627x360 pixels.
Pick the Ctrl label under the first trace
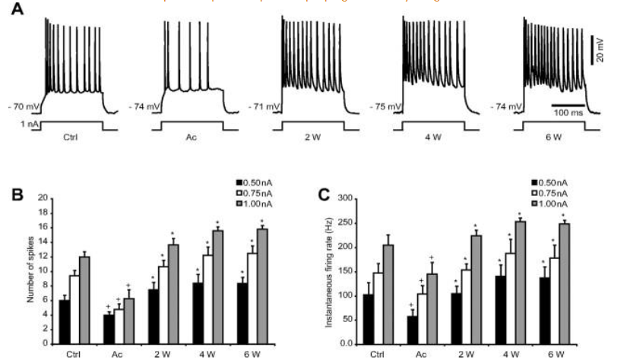[74, 138]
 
